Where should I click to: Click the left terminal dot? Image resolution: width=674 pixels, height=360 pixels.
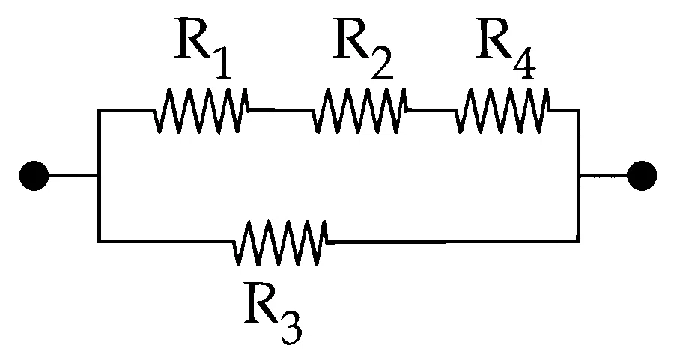[x=34, y=176]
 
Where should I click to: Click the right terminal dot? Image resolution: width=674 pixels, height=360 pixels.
[x=642, y=176]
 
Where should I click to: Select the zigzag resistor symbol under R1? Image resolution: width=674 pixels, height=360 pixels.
[x=200, y=111]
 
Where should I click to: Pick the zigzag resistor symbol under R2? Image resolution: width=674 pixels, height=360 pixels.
[x=359, y=111]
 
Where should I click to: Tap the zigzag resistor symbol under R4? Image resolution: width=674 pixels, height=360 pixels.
[x=502, y=111]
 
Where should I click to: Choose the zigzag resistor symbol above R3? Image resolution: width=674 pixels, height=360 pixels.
[x=280, y=242]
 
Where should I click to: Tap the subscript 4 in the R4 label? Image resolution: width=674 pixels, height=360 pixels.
[x=523, y=65]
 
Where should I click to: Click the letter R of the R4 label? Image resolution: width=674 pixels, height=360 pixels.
[x=493, y=38]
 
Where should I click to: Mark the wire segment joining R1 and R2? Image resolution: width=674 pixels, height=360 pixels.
[x=280, y=111]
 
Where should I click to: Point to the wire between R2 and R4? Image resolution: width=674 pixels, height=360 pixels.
[x=431, y=111]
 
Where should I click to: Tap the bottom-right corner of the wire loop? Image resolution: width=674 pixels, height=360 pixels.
[x=577, y=241]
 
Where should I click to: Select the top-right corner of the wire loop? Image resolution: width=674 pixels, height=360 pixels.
[x=577, y=111]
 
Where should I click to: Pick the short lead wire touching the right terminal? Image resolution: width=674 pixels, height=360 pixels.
[x=603, y=176]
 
